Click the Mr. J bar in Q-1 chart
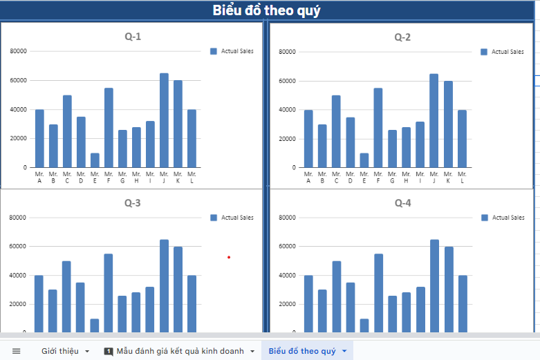[164, 120]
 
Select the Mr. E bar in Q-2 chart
[363, 160]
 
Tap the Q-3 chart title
[133, 203]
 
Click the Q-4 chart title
[402, 203]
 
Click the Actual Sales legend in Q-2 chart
[502, 52]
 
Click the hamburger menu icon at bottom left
[17, 351]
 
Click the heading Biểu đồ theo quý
[266, 11]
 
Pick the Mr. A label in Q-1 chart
[39, 178]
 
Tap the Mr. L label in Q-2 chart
[463, 178]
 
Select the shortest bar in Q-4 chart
[363, 325]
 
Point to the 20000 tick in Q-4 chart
[286, 304]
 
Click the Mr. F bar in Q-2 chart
[377, 128]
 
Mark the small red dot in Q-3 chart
[229, 258]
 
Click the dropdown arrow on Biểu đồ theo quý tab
[344, 351]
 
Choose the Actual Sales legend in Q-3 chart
[232, 218]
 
